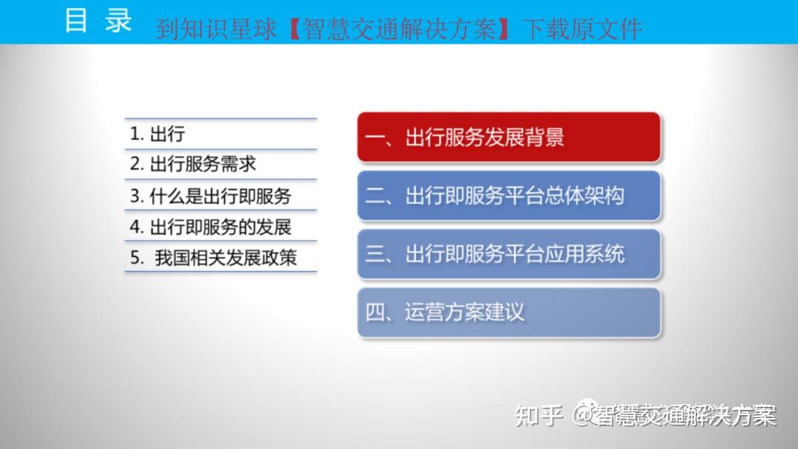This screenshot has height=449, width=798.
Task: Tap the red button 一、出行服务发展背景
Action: coord(508,137)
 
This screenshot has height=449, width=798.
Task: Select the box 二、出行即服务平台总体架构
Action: coord(508,196)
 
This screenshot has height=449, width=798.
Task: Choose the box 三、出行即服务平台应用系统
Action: coord(508,254)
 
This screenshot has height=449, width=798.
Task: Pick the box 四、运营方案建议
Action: coord(508,312)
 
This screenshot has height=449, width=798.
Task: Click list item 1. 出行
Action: coord(157,134)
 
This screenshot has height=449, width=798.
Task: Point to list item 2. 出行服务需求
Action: coord(193,164)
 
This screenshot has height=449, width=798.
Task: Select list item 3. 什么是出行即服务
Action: coord(211,196)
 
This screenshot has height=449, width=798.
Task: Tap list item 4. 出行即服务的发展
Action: coord(211,226)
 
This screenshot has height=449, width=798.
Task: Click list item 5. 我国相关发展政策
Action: coord(214,258)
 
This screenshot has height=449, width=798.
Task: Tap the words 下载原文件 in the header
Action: coord(582,29)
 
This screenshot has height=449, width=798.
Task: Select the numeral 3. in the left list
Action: coord(136,196)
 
